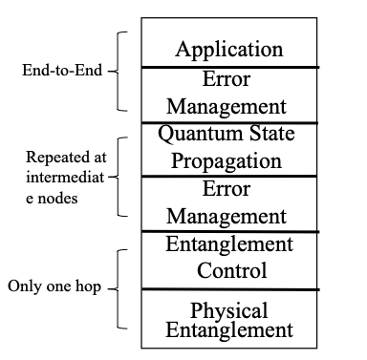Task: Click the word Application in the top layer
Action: click(229, 49)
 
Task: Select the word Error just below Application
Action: click(229, 80)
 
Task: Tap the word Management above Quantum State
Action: click(229, 106)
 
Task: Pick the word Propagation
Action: click(229, 160)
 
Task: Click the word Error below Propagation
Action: click(229, 189)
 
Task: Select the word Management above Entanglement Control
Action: click(229, 216)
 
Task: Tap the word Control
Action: click(229, 270)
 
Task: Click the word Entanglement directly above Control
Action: click(229, 244)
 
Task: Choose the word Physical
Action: click(229, 311)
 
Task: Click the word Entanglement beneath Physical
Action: click(229, 331)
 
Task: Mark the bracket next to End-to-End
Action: click(119, 70)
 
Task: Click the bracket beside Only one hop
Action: click(119, 287)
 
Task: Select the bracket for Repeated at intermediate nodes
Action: click(119, 178)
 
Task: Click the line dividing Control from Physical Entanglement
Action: click(229, 288)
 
